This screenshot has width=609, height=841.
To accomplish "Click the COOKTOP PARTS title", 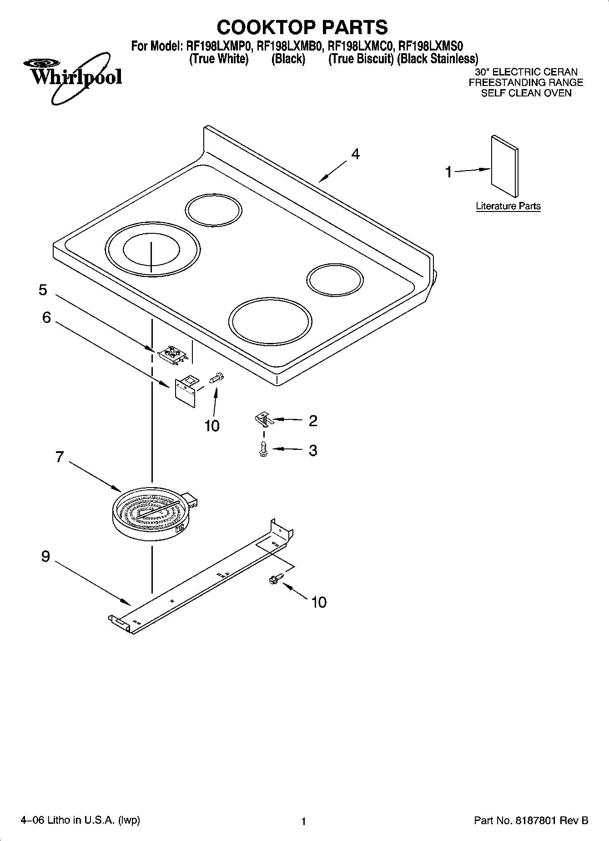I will tap(302, 27).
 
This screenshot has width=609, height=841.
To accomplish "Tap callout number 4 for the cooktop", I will tap(355, 154).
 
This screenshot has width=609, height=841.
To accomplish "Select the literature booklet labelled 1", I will tap(504, 166).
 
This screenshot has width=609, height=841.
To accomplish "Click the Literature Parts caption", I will tap(508, 206).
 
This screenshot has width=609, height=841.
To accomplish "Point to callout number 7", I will tap(60, 457).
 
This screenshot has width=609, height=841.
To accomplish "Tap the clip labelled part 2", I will tap(264, 419).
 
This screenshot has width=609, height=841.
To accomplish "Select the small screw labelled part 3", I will tap(263, 449).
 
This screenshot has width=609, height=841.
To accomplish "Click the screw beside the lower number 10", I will tap(275, 579).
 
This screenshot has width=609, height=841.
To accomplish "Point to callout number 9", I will tap(45, 556).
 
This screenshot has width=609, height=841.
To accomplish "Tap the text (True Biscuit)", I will tap(361, 59).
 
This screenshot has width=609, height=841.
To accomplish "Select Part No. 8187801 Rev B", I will tap(531, 821).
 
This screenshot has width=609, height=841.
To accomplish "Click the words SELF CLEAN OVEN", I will tap(526, 93).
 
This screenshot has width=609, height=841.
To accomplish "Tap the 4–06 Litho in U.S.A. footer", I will tap(80, 820).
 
